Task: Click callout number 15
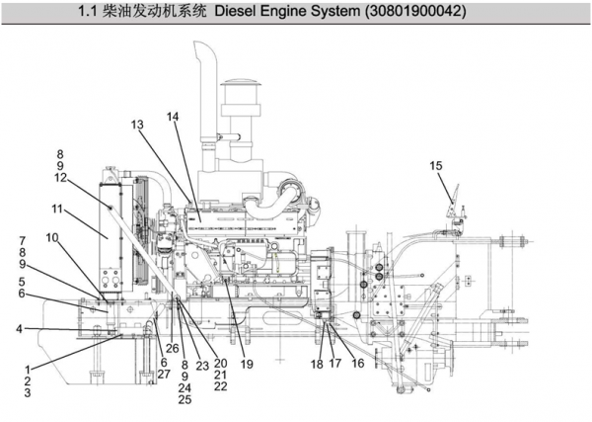pos(436,166)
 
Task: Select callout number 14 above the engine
pos(173,117)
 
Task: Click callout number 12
pos(61,178)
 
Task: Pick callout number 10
pos(50,237)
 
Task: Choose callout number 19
pos(247,365)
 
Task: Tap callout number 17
pos(336,365)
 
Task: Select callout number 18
pos(317,365)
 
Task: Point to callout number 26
pos(173,348)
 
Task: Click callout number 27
pos(164,374)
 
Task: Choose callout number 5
pos(22,282)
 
